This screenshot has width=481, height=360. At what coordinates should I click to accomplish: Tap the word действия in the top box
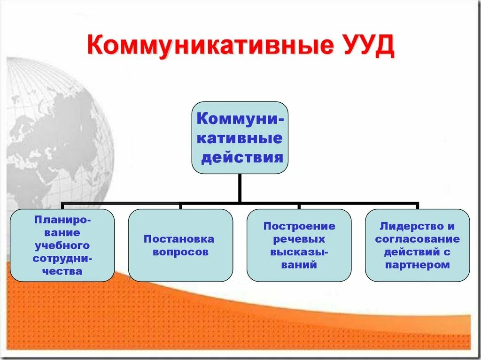tap(242, 157)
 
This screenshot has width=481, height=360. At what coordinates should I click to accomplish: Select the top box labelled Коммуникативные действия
tap(240, 137)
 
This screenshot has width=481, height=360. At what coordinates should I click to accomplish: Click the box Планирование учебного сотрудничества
tap(62, 245)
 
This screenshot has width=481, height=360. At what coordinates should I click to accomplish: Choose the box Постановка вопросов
tap(180, 245)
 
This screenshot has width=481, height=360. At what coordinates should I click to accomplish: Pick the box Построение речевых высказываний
tap(299, 245)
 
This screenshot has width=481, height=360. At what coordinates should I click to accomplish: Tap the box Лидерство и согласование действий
tap(417, 245)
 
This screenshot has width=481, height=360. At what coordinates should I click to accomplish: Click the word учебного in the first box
tap(62, 245)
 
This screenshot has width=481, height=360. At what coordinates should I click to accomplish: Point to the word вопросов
tap(178, 252)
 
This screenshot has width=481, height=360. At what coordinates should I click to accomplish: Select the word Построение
tap(299, 226)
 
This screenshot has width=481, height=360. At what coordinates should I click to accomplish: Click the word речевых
tap(299, 239)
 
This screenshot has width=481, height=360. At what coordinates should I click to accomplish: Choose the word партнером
tap(417, 265)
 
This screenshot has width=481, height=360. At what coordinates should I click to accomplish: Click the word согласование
tap(417, 239)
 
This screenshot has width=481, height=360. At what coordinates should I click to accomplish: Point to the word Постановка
tap(179, 239)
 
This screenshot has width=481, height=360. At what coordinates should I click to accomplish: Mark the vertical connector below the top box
tap(240, 188)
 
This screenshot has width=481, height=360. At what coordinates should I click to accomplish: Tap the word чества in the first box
tap(62, 271)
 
